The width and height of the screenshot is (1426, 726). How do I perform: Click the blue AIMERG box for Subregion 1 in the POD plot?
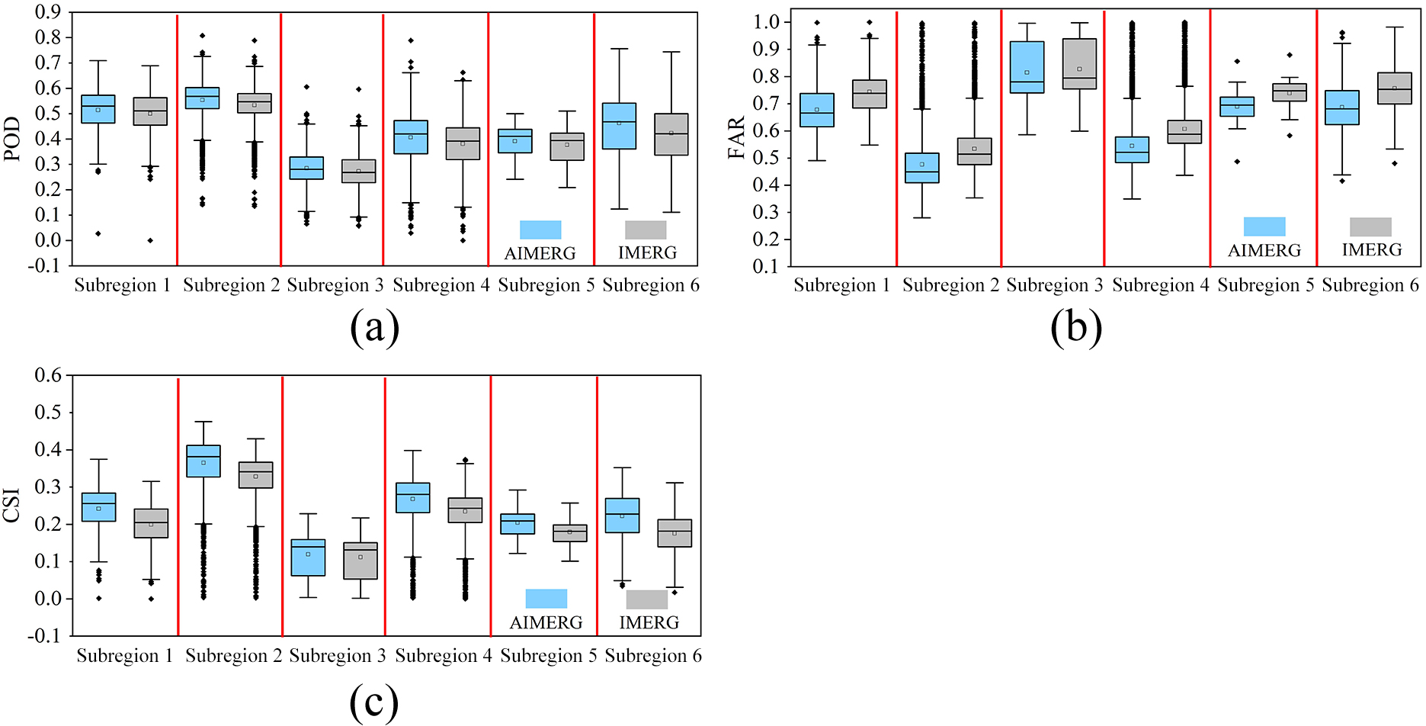coord(98,109)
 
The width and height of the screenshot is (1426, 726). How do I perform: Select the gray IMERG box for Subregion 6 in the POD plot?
coord(671,134)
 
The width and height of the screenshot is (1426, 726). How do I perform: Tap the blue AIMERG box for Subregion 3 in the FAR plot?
coord(1027,67)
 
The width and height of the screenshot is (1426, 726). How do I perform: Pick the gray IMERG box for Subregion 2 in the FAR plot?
coord(975,151)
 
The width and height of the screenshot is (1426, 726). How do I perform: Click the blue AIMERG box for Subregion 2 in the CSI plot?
coord(203,461)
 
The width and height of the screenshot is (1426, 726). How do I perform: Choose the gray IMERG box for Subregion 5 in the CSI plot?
coord(570,533)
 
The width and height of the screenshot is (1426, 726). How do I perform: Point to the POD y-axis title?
coord(12,139)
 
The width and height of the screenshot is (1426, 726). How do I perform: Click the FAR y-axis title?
coord(736,138)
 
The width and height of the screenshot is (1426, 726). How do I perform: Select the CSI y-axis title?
coord(12,506)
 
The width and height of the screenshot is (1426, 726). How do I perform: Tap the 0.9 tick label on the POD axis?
coord(48,12)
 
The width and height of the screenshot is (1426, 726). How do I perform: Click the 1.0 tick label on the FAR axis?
coord(767,21)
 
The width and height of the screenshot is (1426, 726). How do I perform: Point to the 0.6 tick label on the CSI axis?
coord(48,375)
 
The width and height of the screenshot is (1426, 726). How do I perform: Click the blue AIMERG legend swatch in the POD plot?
coord(540,230)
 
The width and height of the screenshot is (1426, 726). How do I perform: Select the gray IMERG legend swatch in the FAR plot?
coord(1370,226)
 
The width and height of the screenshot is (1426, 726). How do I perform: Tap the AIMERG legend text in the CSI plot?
coord(546,623)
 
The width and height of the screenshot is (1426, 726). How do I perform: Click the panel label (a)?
coord(374,328)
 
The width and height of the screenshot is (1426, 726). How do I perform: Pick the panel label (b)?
coord(1076,328)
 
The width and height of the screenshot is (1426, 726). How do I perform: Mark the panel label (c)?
coord(374,702)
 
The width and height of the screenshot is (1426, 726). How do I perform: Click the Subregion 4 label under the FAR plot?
coord(1161,285)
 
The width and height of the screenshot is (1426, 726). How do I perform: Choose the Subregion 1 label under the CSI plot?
coord(125,656)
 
